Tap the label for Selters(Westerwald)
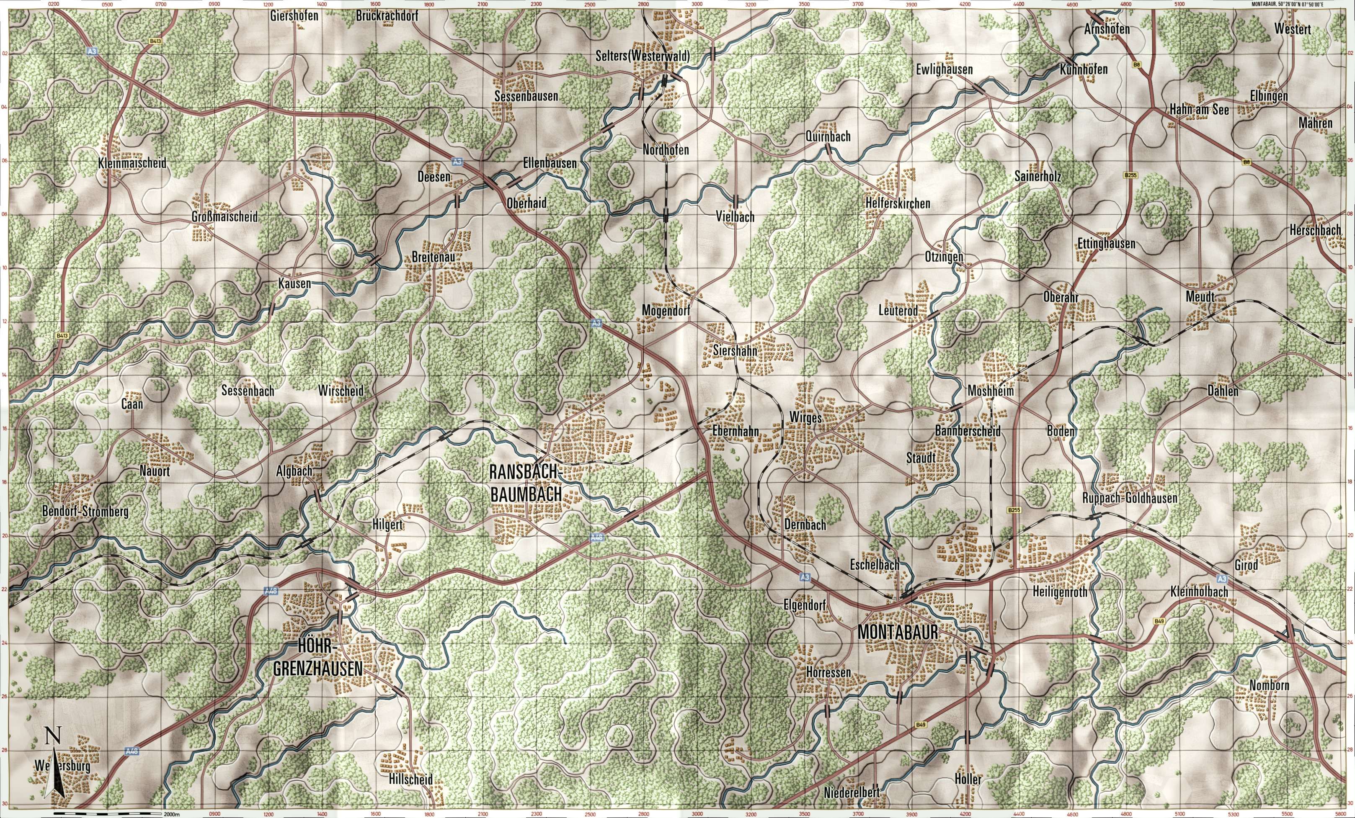642,56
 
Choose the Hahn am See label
1198,110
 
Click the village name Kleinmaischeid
132,163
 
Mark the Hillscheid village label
410,779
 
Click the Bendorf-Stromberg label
85,512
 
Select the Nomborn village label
1269,686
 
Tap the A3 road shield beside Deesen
457,162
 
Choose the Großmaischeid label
225,217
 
